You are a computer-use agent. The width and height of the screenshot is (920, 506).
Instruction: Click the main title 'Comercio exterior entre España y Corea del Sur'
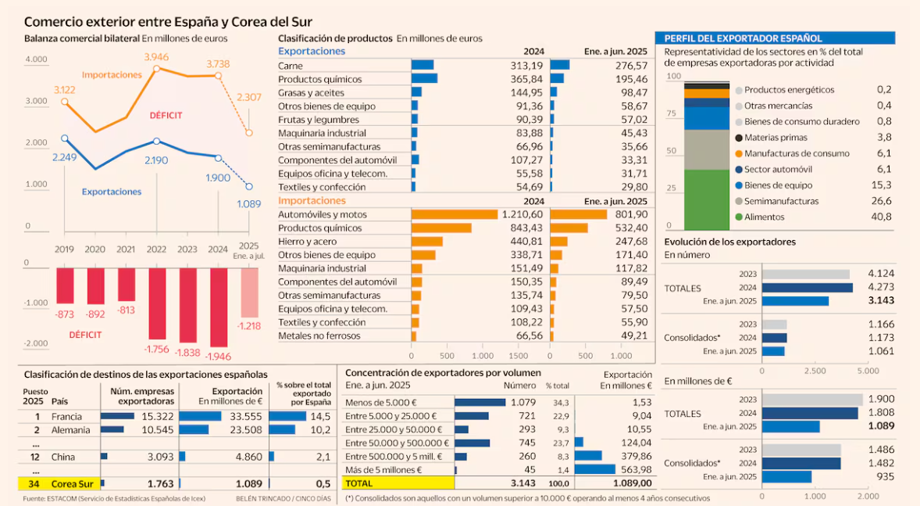(x=168, y=22)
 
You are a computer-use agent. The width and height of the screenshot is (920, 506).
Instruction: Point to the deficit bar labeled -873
(x=65, y=285)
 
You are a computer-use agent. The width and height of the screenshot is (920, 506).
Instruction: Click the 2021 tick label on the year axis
(x=126, y=249)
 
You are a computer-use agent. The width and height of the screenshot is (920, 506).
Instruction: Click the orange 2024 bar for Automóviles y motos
(x=455, y=214)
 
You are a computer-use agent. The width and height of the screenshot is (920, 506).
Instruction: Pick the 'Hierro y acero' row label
(x=308, y=242)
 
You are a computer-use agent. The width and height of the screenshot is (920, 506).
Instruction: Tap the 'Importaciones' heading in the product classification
(x=312, y=201)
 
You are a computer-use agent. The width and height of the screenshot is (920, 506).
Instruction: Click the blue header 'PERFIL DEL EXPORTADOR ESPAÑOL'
(x=742, y=38)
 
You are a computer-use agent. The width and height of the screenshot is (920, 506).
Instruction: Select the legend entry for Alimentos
(x=765, y=217)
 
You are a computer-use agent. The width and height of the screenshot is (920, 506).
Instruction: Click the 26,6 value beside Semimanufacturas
(x=882, y=201)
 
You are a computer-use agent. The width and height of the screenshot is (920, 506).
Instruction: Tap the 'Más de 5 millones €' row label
(x=383, y=469)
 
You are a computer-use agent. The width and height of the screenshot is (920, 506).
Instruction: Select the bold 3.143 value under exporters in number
(x=880, y=300)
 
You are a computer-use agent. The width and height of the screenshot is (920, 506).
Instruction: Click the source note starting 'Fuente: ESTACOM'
(x=114, y=499)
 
